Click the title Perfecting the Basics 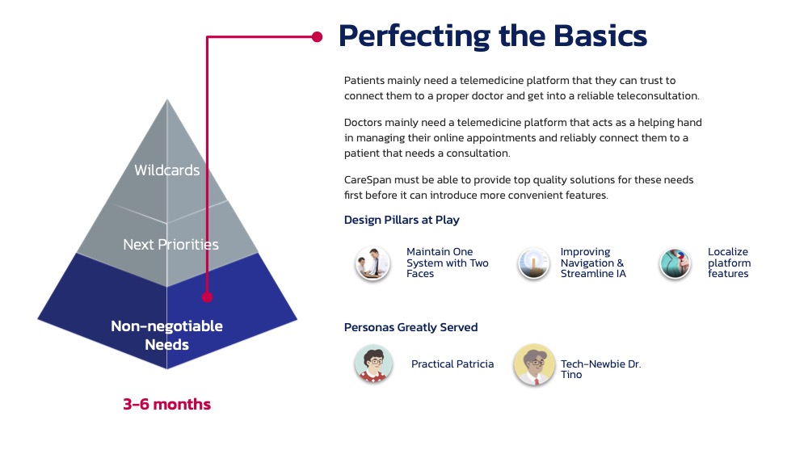point(492,36)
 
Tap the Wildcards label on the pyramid point(167,170)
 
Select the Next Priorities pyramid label point(170,244)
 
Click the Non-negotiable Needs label point(167,335)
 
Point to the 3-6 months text point(167,404)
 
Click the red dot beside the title point(317,36)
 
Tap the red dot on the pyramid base point(207,296)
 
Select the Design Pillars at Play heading point(402,220)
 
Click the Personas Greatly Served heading point(410,327)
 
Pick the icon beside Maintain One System point(372,263)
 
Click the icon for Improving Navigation point(533,263)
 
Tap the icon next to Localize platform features point(675,263)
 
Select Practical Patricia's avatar point(373,364)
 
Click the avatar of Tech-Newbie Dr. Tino point(534,364)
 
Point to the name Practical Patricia point(452,364)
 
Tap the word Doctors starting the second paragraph point(363,123)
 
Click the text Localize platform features point(729,263)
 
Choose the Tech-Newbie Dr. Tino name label point(601,369)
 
